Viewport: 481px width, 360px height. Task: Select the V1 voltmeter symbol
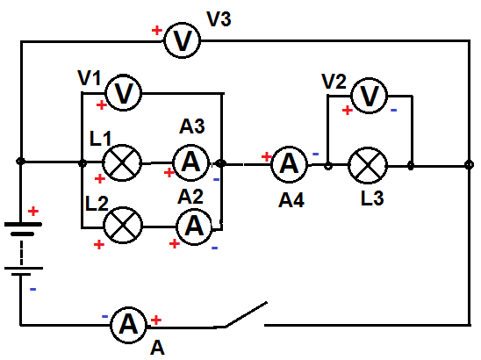click(x=123, y=92)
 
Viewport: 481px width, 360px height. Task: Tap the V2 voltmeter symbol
click(x=369, y=96)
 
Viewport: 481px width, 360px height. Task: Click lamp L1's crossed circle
click(x=122, y=162)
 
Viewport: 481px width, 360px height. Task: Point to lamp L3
click(x=368, y=165)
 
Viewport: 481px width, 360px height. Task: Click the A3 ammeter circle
click(x=190, y=162)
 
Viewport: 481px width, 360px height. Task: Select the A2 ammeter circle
click(x=194, y=227)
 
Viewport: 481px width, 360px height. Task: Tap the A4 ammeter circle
click(x=289, y=164)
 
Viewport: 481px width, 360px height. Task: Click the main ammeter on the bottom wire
click(x=128, y=325)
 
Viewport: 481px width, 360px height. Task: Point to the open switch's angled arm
click(x=246, y=314)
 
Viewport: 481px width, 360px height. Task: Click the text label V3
click(x=219, y=18)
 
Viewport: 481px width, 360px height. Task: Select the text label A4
click(x=291, y=200)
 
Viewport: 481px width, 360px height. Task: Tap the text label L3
click(x=372, y=198)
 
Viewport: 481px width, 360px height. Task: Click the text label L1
click(x=100, y=139)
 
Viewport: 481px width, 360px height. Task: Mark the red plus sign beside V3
click(x=157, y=31)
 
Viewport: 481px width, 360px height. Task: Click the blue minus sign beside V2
click(x=393, y=110)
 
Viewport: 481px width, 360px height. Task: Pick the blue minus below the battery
click(x=32, y=289)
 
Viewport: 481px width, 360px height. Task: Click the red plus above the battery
click(x=33, y=211)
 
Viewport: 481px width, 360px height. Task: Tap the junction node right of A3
click(x=220, y=163)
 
